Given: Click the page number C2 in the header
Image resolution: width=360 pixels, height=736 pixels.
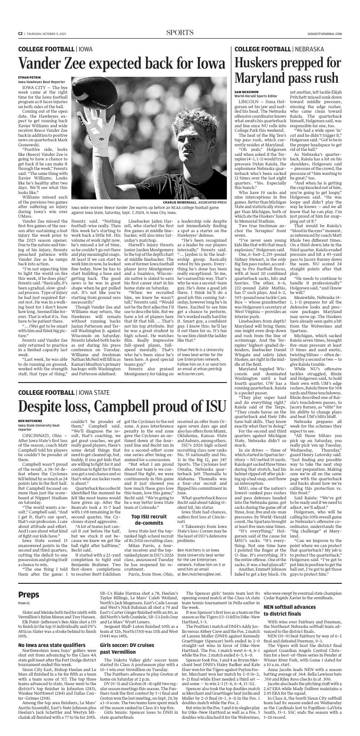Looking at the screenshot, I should pyautogui.click(x=20, y=33).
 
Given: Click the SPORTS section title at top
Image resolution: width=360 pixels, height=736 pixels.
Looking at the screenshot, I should pyautogui.click(x=180, y=32).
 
